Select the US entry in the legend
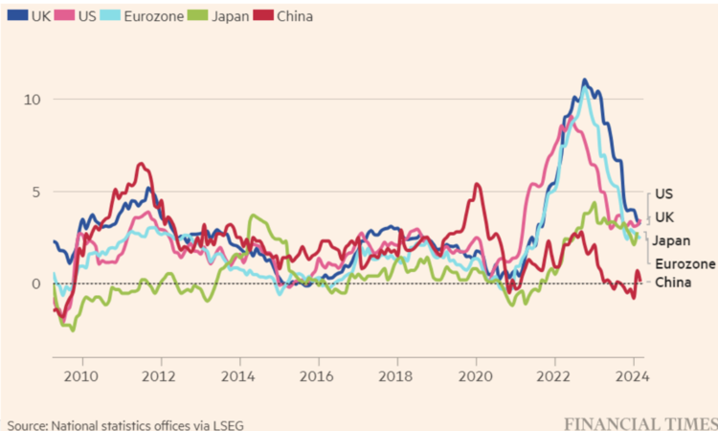(x=82, y=16)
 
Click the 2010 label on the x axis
(x=81, y=375)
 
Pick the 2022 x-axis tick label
(x=554, y=375)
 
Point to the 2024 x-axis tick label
(x=631, y=375)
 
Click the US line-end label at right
(x=664, y=193)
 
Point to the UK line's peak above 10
(x=585, y=80)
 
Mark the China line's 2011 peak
(x=141, y=164)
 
